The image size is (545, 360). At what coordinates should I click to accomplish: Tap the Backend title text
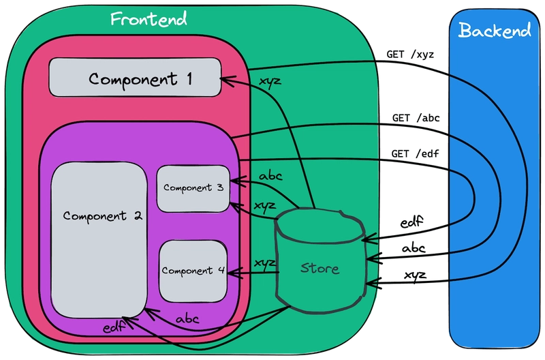point(495,31)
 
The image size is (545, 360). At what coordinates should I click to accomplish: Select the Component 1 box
point(135,78)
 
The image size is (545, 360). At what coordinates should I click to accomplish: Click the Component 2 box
point(99,239)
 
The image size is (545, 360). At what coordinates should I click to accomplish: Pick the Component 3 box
point(193,188)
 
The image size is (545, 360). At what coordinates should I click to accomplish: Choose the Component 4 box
point(193,270)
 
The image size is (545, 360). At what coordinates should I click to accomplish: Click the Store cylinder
point(321,259)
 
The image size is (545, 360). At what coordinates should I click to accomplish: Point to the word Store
point(320,268)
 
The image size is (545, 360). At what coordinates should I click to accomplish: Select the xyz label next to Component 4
point(264,262)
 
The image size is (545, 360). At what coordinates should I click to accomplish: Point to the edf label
point(113,328)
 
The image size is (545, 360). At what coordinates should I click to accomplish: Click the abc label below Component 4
point(187,318)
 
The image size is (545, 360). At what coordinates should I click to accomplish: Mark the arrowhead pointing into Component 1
point(223,80)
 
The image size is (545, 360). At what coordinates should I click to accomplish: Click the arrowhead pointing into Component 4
point(231,273)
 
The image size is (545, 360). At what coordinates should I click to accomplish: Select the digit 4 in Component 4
point(221,270)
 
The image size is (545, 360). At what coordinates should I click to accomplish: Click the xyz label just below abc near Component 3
point(264,204)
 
